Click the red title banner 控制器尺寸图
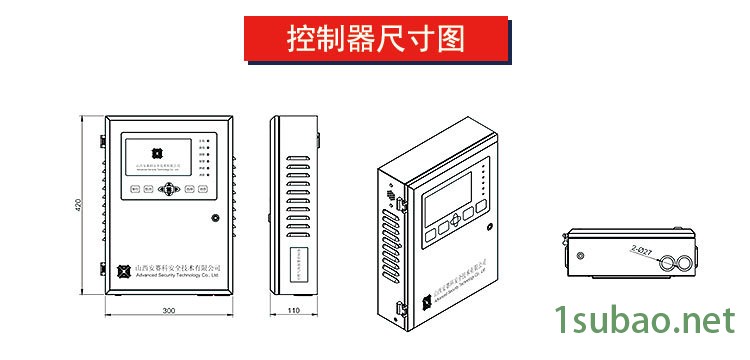(x=375, y=40)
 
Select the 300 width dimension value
(x=169, y=311)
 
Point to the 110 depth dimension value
(x=294, y=311)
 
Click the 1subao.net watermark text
(x=641, y=321)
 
